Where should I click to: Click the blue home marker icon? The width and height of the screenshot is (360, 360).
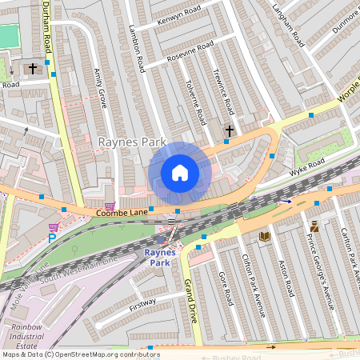[x=180, y=173]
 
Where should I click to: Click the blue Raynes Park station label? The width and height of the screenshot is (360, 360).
[x=159, y=257]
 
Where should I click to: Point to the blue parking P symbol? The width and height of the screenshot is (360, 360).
[x=52, y=238]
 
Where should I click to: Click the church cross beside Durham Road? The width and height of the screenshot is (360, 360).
[x=34, y=69]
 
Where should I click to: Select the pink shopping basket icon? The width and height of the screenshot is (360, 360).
[x=110, y=206]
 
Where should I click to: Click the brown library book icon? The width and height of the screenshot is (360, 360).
[x=264, y=236]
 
